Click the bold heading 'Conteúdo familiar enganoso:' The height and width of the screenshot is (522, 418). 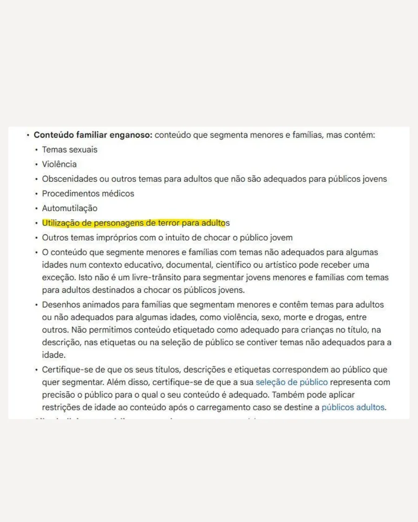tap(93, 135)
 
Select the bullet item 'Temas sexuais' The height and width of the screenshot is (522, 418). tap(70, 150)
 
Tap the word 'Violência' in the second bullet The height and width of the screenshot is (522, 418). tap(59, 164)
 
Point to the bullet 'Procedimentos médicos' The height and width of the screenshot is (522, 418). tap(88, 193)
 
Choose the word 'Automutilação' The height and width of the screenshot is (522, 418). tap(70, 208)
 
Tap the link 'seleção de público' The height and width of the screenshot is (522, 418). tap(292, 382)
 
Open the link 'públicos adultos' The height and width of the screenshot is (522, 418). tap(353, 407)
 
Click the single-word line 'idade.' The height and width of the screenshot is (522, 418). tap(52, 355)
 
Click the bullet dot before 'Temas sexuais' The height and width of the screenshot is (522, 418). tap(36, 150)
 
